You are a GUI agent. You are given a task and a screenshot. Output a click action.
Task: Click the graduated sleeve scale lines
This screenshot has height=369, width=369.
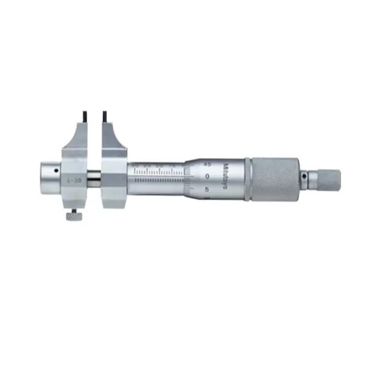coord(159,173)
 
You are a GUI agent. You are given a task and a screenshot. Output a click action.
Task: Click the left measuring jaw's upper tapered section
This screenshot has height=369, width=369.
coord(80,140)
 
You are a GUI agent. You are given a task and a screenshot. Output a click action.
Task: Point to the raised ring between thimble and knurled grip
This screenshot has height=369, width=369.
coord(246,178)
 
